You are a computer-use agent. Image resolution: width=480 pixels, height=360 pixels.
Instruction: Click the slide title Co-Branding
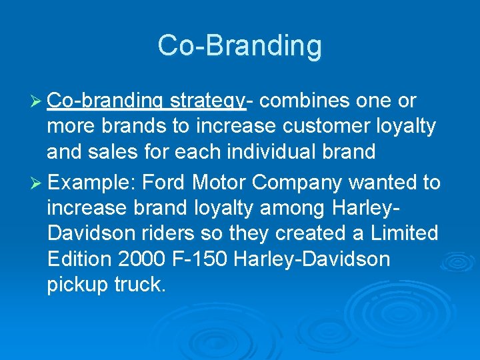(x=240, y=46)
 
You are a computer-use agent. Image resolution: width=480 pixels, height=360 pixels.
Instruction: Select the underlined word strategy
(x=207, y=101)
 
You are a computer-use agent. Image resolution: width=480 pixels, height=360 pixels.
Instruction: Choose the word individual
(x=271, y=152)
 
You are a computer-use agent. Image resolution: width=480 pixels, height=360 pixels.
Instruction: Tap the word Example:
(x=93, y=183)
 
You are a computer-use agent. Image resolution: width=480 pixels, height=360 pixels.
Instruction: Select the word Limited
(x=403, y=234)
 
